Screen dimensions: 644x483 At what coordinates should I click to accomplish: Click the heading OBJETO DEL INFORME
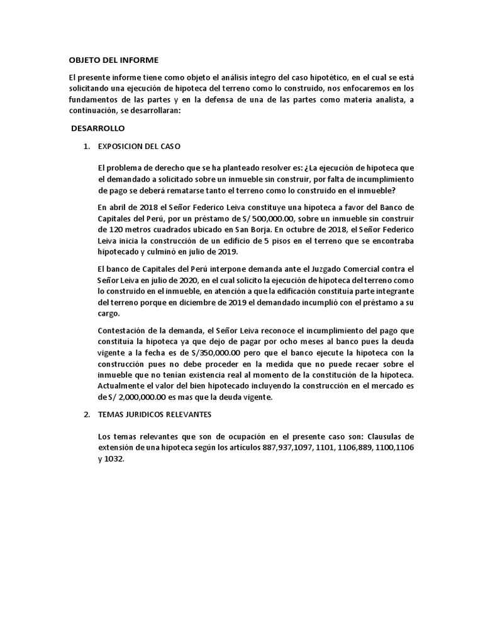[x=113, y=60]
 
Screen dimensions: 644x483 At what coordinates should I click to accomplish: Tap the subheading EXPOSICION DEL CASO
[x=138, y=146]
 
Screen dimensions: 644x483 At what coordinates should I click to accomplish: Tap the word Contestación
[x=122, y=331]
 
